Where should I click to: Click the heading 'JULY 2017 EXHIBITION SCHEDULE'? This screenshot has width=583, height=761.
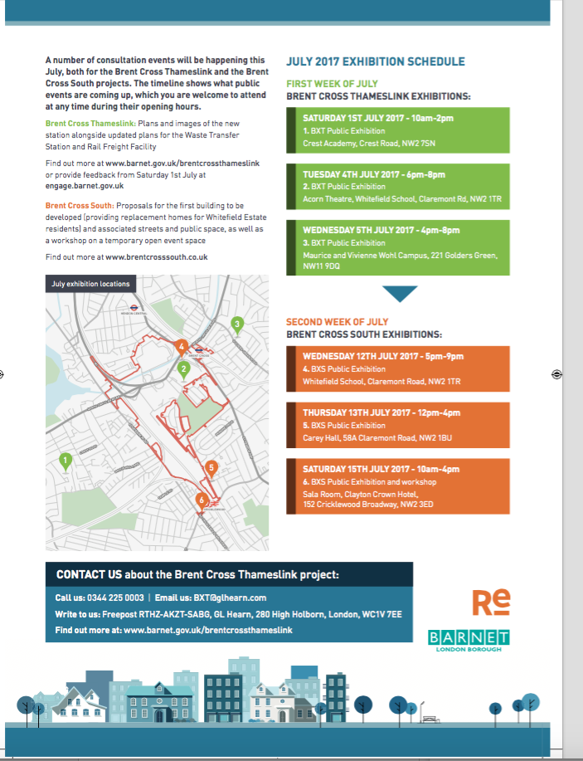pyautogui.click(x=375, y=62)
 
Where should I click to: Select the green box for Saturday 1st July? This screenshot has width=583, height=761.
pyautogui.click(x=398, y=130)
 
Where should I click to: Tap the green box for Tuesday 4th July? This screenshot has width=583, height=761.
pyautogui.click(x=398, y=187)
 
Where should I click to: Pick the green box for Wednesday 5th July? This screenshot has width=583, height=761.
pyautogui.click(x=398, y=247)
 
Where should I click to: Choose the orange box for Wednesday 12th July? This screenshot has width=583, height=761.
pyautogui.click(x=398, y=368)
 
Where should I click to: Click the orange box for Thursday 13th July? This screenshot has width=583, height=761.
pyautogui.click(x=398, y=425)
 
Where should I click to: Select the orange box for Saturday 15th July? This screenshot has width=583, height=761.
pyautogui.click(x=398, y=486)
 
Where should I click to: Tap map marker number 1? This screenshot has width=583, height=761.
pyautogui.click(x=64, y=461)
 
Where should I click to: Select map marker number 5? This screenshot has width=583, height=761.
pyautogui.click(x=211, y=469)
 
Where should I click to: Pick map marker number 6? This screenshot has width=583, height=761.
pyautogui.click(x=201, y=500)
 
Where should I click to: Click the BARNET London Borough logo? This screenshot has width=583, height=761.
pyautogui.click(x=469, y=640)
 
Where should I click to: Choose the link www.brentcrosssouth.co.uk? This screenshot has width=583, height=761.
pyautogui.click(x=156, y=257)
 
